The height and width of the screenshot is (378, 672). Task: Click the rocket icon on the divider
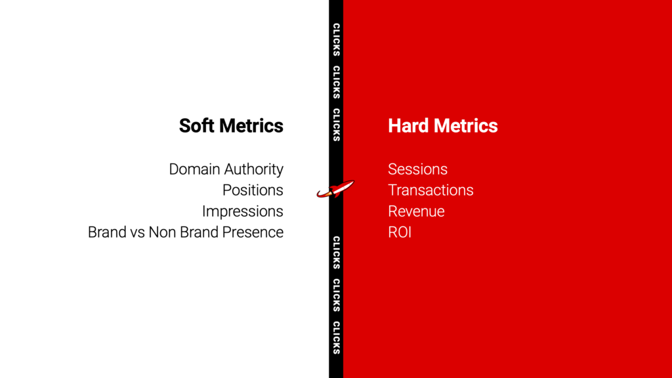[x=335, y=189]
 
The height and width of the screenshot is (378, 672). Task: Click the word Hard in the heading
[x=408, y=126]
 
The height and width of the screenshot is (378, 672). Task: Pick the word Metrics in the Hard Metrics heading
[x=465, y=126]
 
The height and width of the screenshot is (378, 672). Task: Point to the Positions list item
[x=253, y=190]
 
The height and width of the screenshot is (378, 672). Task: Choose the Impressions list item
[x=243, y=211]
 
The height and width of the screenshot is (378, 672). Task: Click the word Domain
[x=194, y=169]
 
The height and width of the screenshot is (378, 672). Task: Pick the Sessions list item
[x=418, y=169]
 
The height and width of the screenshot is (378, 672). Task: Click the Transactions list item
[x=430, y=190]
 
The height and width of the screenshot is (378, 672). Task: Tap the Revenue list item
[x=416, y=211]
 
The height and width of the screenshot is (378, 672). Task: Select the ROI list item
[x=400, y=232]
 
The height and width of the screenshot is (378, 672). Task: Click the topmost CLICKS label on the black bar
[x=337, y=40]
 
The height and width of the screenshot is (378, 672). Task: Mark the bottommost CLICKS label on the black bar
[x=337, y=338]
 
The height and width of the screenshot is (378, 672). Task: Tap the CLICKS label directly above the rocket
[x=337, y=125]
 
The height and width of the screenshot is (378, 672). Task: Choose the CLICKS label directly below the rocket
[x=337, y=253]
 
